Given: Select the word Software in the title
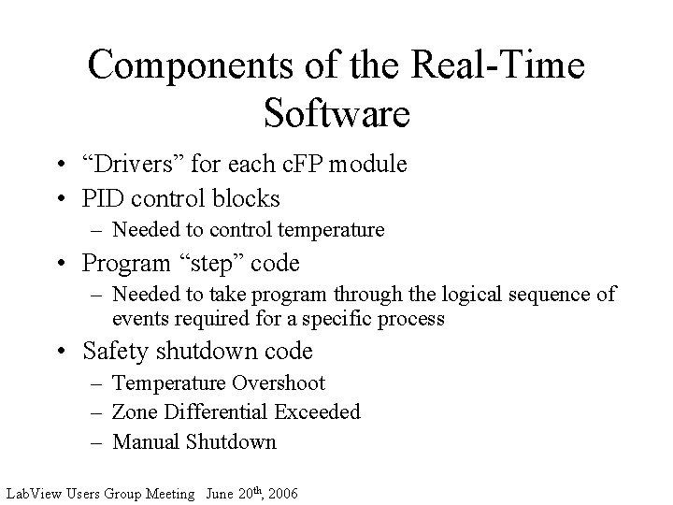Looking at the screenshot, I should (x=336, y=112).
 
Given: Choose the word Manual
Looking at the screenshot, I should (x=145, y=441).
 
